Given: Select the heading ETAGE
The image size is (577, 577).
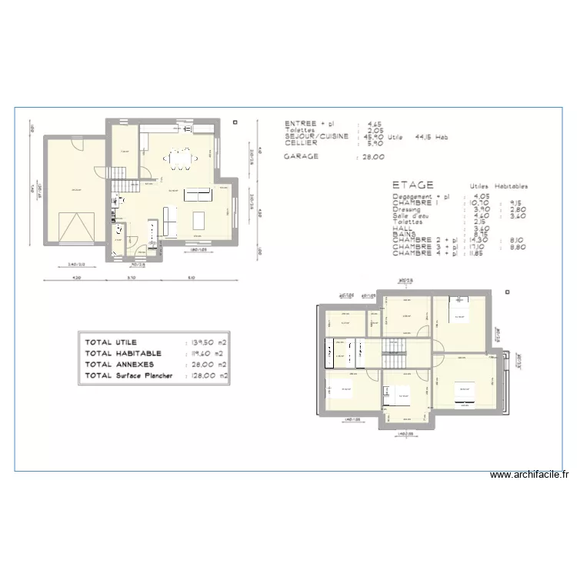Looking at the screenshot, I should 412,185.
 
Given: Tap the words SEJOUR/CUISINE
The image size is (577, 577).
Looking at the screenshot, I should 316,136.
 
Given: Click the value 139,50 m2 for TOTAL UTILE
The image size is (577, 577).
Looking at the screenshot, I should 208,342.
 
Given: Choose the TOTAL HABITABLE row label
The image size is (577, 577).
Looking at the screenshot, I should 123,353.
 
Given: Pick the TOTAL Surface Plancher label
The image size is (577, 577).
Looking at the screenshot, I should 129,376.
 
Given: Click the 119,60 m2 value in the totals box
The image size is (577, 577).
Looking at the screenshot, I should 208,353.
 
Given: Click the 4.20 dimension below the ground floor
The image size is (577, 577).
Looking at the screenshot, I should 76,277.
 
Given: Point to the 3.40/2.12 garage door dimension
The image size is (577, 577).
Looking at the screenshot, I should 76,264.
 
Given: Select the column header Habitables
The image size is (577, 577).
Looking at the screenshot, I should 512,186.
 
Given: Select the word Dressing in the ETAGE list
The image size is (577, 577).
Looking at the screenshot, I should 406,208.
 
